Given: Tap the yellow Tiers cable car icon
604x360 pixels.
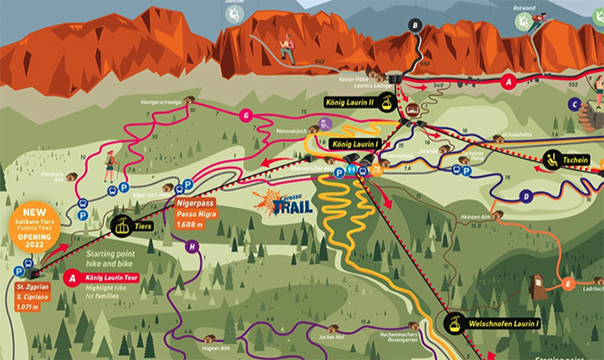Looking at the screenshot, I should coord(121,226).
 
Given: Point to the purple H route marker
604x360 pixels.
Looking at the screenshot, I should coord(192,246).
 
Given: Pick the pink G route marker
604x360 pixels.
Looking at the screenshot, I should coord(246,115).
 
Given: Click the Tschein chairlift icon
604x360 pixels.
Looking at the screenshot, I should coord(552,159).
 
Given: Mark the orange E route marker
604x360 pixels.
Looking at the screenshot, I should coord(567,283).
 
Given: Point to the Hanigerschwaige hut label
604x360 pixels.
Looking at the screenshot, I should coord(163,102).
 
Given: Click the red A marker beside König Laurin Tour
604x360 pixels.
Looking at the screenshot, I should coord(72,277).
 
